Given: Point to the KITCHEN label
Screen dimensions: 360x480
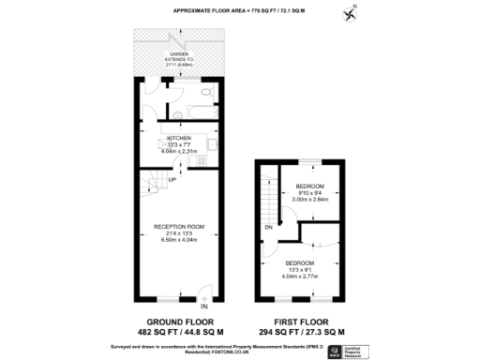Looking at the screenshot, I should [x=178, y=137].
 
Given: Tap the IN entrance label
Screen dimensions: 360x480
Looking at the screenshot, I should [x=203, y=306].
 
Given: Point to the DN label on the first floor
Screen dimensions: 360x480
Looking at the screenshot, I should [x=268, y=227].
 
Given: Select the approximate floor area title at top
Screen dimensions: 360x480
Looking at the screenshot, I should [x=240, y=10].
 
